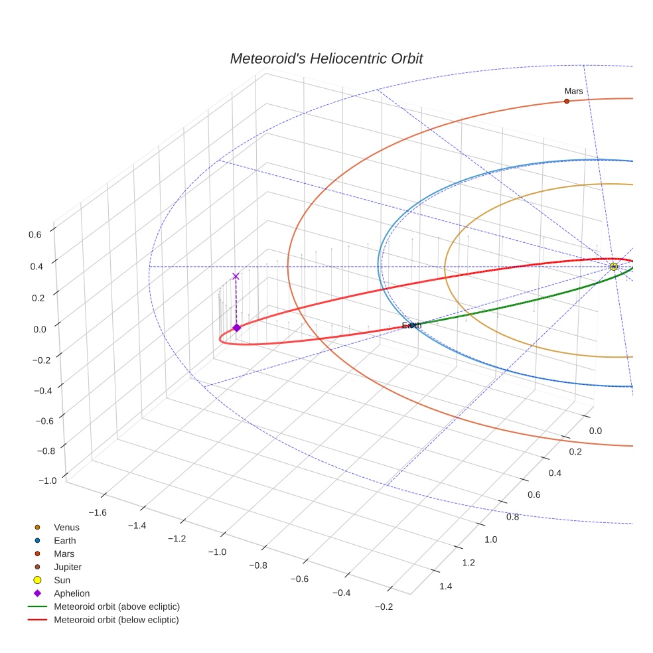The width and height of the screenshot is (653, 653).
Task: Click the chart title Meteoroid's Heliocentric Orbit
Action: (326, 58)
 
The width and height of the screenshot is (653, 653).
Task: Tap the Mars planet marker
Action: (566, 101)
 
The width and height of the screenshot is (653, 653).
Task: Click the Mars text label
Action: (573, 90)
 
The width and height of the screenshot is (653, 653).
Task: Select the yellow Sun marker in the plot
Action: (613, 267)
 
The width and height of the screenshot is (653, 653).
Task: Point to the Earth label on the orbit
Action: (411, 325)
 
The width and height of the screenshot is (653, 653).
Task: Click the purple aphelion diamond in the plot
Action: (236, 327)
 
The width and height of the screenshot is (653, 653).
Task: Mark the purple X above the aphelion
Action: (236, 276)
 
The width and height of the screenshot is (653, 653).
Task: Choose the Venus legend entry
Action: (66, 527)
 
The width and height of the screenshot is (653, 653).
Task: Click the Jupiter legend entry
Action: (68, 567)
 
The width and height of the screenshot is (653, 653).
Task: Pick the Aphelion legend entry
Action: (72, 593)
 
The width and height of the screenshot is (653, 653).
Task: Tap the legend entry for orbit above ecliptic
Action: (116, 607)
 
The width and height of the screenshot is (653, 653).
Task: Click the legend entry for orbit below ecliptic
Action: (116, 620)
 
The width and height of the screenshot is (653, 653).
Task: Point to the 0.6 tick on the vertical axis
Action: (35, 234)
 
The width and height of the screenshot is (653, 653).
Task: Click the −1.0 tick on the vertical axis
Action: (31, 480)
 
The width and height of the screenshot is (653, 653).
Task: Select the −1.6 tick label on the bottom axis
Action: (98, 512)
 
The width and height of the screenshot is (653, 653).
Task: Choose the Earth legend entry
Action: (65, 540)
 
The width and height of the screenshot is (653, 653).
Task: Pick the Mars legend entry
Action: (64, 553)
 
